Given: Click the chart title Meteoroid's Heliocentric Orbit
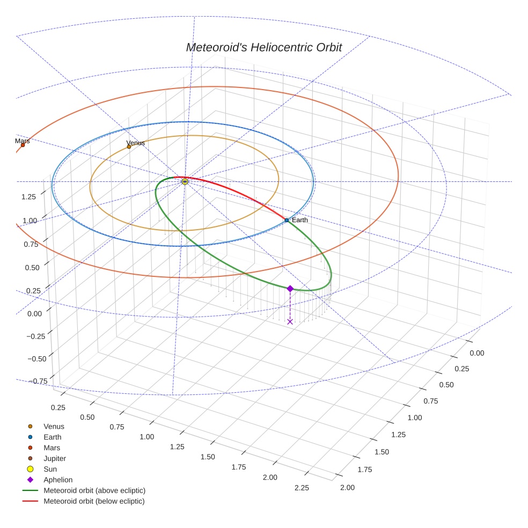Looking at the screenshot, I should [x=264, y=47].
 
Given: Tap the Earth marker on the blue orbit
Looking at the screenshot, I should [x=287, y=220].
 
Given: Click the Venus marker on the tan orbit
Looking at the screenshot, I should [x=129, y=146].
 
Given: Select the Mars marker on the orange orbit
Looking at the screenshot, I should [x=23, y=145].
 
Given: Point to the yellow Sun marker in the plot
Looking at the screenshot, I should [x=185, y=182].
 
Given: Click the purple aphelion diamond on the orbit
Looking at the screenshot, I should [x=290, y=289].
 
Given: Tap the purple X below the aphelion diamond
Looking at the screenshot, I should [x=290, y=321].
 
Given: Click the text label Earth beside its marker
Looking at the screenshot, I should [x=300, y=220].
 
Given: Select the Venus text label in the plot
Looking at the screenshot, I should [x=135, y=143].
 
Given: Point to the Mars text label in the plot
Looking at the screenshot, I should [x=23, y=141].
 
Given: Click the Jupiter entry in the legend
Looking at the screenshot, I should [x=55, y=458].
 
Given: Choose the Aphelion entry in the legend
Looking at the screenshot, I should [x=58, y=480].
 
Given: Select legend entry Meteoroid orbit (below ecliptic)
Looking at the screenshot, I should [x=94, y=501].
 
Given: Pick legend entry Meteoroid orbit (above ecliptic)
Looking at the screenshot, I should [x=94, y=490].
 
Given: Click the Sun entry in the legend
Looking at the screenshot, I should [x=49, y=469].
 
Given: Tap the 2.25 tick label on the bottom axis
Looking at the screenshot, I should [x=302, y=488].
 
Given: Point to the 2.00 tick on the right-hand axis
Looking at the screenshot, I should [x=347, y=488].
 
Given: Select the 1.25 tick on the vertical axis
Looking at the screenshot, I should [x=29, y=197].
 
